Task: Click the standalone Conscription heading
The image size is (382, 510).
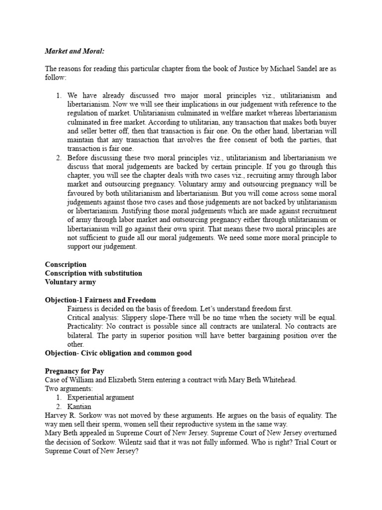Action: (66, 264)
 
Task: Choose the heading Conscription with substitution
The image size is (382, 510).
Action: (94, 273)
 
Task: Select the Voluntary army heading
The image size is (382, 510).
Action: (70, 282)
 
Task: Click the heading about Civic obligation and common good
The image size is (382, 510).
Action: (118, 353)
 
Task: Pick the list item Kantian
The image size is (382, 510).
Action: (80, 406)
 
